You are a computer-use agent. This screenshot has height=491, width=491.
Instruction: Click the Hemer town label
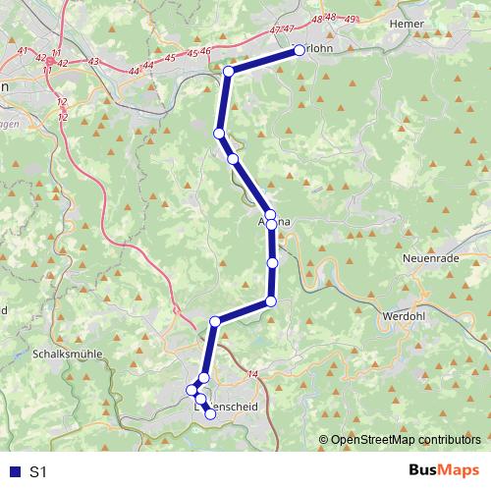[405, 23]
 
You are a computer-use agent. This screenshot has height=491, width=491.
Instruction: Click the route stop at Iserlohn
[300, 51]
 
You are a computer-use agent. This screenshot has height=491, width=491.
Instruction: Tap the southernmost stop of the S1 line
[210, 414]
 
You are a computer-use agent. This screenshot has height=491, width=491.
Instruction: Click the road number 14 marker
[252, 374]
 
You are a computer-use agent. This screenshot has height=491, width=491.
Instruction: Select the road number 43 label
[93, 62]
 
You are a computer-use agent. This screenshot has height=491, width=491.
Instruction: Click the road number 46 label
[206, 50]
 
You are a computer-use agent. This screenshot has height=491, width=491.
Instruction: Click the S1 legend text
[38, 472]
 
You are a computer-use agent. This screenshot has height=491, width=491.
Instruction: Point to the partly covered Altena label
[275, 224]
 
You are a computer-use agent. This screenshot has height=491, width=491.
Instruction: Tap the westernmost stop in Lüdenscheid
[192, 390]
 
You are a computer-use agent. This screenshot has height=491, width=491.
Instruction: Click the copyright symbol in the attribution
[325, 439]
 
